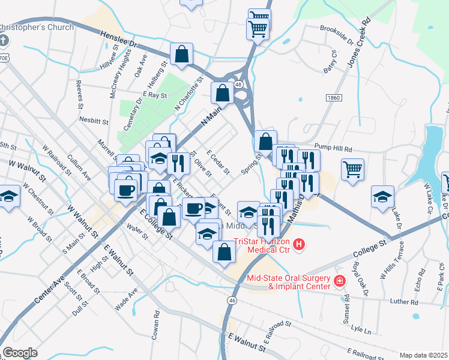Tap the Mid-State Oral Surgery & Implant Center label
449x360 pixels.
tap(288, 282)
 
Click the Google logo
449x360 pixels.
tap(20, 353)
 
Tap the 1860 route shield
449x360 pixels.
tap(333, 97)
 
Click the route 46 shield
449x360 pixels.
tap(232, 300)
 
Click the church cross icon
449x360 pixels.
tap(4, 41)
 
